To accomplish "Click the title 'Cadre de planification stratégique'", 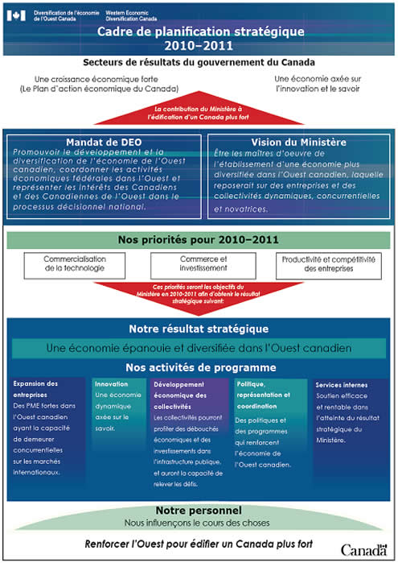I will (x=200, y=31).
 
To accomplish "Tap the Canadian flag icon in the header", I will (x=18, y=14).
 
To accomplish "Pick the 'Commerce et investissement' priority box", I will (x=199, y=263).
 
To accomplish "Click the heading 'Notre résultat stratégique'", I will (x=199, y=329).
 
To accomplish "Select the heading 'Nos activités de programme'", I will (x=199, y=367).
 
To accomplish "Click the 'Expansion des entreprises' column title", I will (x=35, y=389).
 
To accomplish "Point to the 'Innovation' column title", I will (x=112, y=384).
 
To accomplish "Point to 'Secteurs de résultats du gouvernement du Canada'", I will (x=199, y=62).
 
